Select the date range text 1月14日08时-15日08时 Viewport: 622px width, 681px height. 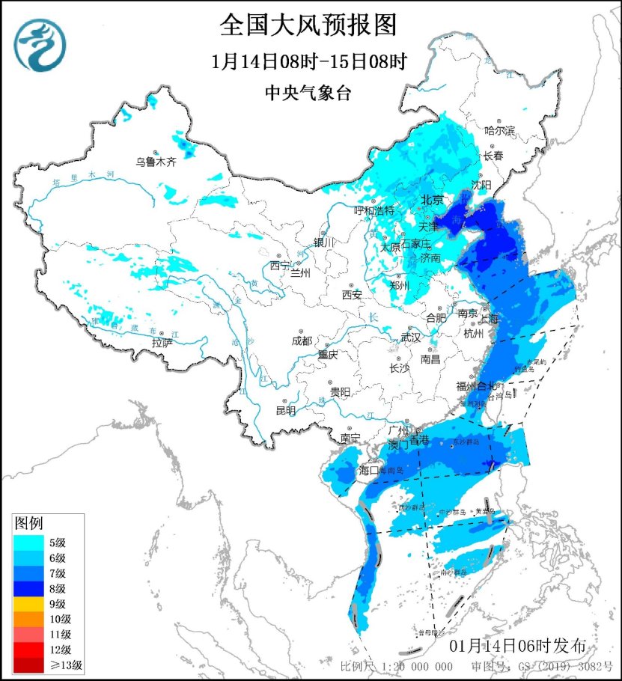coord(308,62)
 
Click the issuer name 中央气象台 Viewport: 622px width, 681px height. coord(308,93)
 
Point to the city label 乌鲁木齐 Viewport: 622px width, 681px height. coord(156,162)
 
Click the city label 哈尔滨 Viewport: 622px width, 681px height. coord(500,131)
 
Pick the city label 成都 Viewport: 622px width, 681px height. coord(302,340)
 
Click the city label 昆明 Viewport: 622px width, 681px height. coord(285,410)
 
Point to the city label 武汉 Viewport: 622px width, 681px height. coord(411,338)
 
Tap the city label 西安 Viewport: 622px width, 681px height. coord(352,295)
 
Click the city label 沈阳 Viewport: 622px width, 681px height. coord(481,185)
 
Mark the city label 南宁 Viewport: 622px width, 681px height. coord(350,437)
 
